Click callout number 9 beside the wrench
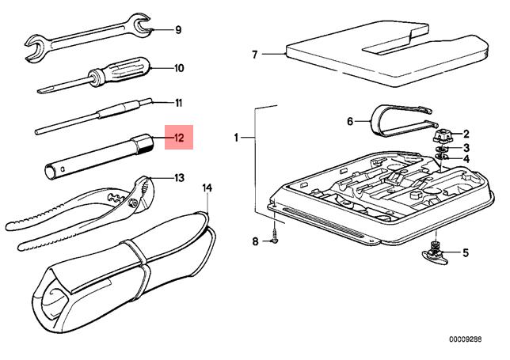(178, 30)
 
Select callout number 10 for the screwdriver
(178, 68)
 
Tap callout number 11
(178, 103)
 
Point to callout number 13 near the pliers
(178, 177)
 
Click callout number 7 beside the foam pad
(255, 55)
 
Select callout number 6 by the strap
(349, 121)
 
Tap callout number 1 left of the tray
(236, 139)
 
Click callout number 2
(466, 134)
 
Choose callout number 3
(466, 147)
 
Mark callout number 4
(466, 160)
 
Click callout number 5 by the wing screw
(466, 253)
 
